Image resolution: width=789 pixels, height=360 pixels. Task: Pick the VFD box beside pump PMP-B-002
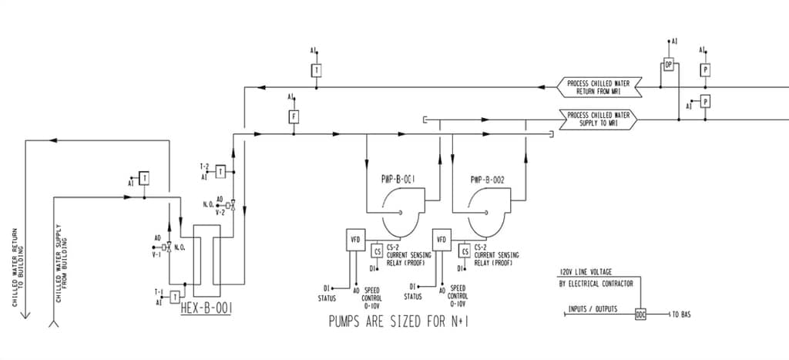point(442,240)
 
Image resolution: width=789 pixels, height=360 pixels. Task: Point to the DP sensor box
point(669,65)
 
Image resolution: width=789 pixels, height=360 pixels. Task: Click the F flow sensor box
point(294,117)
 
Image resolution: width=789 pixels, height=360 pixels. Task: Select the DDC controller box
point(640,315)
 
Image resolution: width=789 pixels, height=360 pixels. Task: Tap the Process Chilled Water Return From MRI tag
point(599,88)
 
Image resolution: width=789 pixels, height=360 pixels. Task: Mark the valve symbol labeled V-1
point(168,247)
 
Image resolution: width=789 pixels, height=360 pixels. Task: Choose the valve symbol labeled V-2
point(233,204)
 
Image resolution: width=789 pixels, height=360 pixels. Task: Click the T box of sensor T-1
point(176,297)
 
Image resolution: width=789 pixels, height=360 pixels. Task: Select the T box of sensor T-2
point(220,171)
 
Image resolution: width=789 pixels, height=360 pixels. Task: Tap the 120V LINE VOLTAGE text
point(596,273)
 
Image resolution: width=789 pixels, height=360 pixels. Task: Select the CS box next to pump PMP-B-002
point(465,251)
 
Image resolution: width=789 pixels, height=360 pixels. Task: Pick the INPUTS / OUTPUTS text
point(593,309)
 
